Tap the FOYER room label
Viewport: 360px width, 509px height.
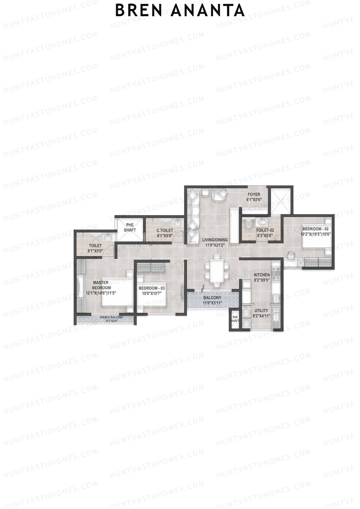pos(253,194)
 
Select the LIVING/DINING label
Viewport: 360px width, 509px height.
pos(214,240)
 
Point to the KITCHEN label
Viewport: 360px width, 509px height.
pos(262,275)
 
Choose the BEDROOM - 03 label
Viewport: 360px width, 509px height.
pos(151,288)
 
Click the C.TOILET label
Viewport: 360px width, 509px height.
pos(165,230)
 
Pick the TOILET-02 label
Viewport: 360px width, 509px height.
pos(265,230)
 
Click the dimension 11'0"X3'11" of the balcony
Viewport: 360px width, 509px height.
pos(212,303)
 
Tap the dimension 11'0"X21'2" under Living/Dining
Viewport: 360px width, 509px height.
pos(214,245)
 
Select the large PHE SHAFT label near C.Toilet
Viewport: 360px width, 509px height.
pos(130,228)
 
